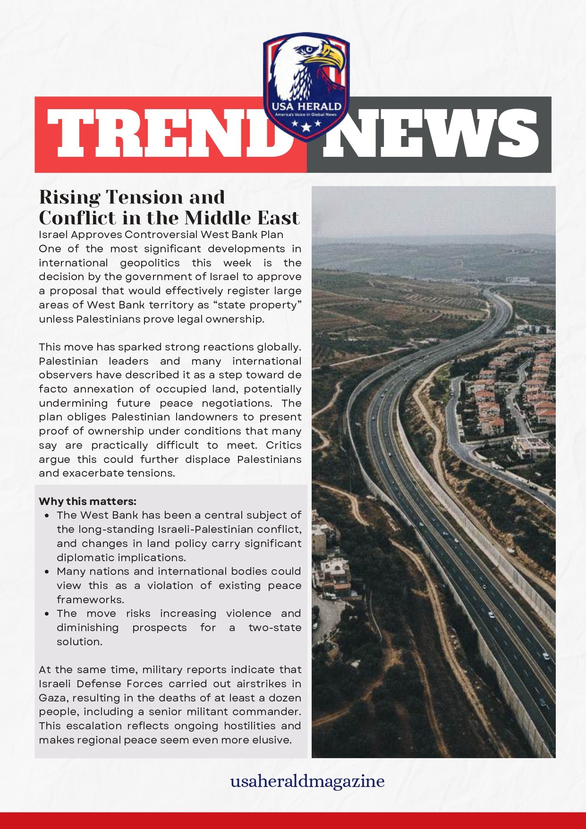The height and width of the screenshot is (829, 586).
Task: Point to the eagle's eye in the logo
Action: pyautogui.click(x=308, y=49)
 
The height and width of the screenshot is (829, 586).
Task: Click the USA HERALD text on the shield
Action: pyautogui.click(x=306, y=106)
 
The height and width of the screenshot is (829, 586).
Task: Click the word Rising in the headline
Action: pyautogui.click(x=69, y=197)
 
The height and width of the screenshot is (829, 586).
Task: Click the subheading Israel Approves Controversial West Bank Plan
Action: pyautogui.click(x=161, y=235)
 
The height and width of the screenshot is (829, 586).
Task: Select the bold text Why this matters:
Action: pyautogui.click(x=87, y=501)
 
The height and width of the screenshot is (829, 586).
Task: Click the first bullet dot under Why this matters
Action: pyautogui.click(x=47, y=516)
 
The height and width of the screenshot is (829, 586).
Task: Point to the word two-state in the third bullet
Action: pyautogui.click(x=275, y=628)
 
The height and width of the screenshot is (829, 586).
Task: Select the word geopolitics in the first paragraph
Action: pyautogui.click(x=150, y=263)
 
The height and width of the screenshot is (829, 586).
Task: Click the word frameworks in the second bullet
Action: pyautogui.click(x=90, y=600)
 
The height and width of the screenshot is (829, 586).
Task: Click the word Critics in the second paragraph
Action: pyautogui.click(x=283, y=445)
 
